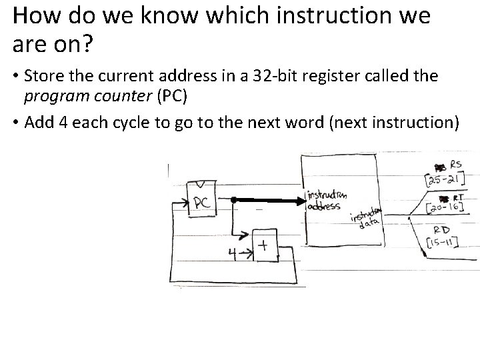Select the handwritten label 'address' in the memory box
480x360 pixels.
[324, 205]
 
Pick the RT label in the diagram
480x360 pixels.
[458, 198]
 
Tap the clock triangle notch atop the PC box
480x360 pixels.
[201, 185]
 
